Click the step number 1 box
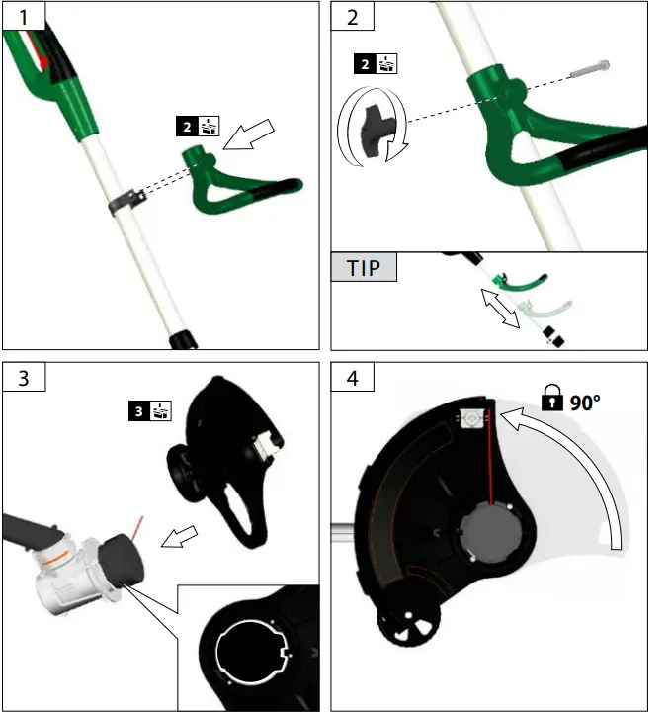pyautogui.click(x=23, y=17)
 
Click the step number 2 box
pyautogui.click(x=352, y=17)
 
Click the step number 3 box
pyautogui.click(x=23, y=378)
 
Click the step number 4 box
pyautogui.click(x=352, y=378)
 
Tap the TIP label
pyautogui.click(x=364, y=268)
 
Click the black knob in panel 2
pyautogui.click(x=370, y=127)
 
